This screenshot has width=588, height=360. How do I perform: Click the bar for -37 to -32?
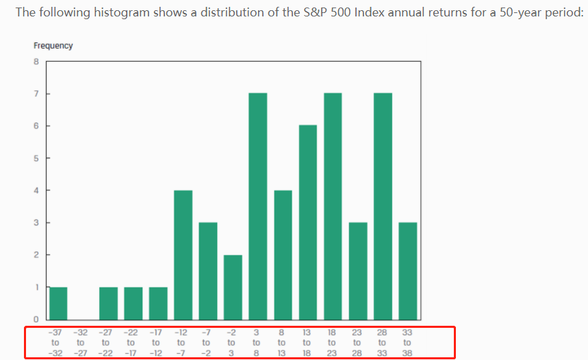point(58,303)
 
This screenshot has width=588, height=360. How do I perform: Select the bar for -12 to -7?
point(183,255)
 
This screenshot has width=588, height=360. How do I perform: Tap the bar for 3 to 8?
point(257,206)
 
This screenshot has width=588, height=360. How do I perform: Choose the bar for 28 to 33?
point(382,206)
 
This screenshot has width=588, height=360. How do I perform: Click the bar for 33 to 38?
point(407,271)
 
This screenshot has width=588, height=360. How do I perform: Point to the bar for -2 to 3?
point(233,287)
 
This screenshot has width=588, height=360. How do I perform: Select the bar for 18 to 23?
point(332,206)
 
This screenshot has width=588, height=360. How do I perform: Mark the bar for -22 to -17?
point(133,303)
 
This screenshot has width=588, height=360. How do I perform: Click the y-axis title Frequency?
point(53,46)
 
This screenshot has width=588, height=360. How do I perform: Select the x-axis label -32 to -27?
point(81,342)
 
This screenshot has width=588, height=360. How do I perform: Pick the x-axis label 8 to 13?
point(281,342)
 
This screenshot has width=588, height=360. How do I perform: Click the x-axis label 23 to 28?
point(357,342)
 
